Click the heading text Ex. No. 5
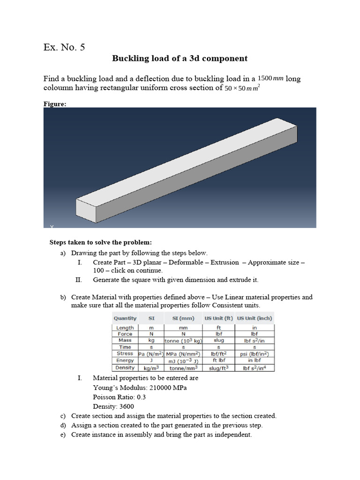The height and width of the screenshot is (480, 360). pyautogui.click(x=64, y=47)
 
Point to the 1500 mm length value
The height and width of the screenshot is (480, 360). pyautogui.click(x=271, y=78)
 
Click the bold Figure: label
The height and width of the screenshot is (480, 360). pyautogui.click(x=55, y=104)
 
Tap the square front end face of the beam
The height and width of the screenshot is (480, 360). pyautogui.click(x=85, y=210)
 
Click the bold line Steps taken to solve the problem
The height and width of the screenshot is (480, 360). pyautogui.click(x=101, y=242)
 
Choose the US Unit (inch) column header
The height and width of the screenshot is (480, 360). pyautogui.click(x=255, y=318)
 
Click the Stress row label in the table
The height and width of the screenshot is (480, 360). pyautogui.click(x=125, y=353)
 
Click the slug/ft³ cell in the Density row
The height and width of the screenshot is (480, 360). pyautogui.click(x=218, y=368)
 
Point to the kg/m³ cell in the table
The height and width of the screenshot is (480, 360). pyautogui.click(x=151, y=368)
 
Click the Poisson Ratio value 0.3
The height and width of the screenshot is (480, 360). pyautogui.click(x=140, y=397)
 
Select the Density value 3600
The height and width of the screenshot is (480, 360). pyautogui.click(x=127, y=406)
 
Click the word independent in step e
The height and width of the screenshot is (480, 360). pyautogui.click(x=232, y=435)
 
